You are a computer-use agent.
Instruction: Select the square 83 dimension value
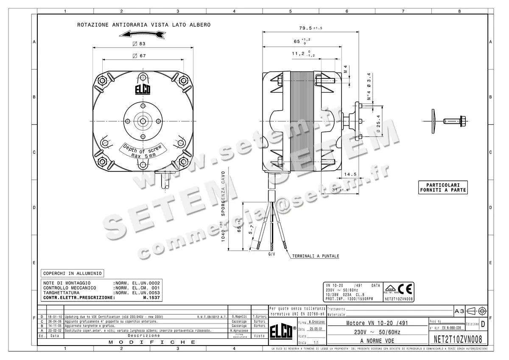point(140,44)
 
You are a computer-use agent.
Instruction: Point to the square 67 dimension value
point(140,56)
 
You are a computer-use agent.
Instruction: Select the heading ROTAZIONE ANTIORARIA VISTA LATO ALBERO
point(143,25)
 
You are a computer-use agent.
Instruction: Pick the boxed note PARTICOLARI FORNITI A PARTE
point(442,187)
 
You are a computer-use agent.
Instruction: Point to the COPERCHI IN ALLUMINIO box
point(72,273)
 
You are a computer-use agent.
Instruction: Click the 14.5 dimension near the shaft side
point(350,174)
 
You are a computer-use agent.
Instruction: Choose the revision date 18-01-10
point(55,317)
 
